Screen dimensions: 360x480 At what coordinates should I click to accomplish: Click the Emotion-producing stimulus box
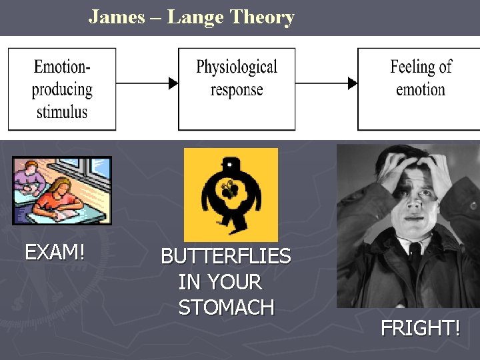[61, 89]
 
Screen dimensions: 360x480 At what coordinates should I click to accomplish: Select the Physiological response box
[237, 89]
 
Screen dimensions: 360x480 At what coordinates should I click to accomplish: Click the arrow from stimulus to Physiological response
[147, 83]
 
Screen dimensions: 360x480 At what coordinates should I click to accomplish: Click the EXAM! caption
[55, 253]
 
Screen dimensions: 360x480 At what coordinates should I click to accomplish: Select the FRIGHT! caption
[420, 328]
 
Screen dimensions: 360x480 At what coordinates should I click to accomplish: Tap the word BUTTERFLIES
[226, 257]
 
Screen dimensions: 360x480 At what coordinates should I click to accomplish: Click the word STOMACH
[226, 307]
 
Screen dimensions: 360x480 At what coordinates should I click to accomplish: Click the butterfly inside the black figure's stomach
[230, 190]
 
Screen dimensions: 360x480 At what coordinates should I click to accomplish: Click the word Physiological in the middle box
[237, 67]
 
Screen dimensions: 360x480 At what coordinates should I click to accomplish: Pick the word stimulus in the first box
[61, 111]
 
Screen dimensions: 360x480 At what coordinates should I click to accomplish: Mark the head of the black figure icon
[231, 163]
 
